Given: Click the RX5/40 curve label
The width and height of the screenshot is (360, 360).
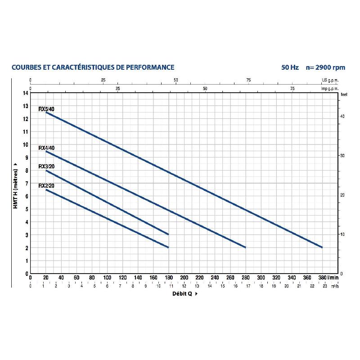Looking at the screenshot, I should [x=46, y=109].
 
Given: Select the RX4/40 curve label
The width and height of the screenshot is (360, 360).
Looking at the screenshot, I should [x=46, y=148].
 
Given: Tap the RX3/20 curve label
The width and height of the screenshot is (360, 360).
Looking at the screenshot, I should [x=46, y=166].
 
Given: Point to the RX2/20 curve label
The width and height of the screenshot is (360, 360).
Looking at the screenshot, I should [x=46, y=185].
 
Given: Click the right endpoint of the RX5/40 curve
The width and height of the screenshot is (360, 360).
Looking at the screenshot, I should [x=322, y=247].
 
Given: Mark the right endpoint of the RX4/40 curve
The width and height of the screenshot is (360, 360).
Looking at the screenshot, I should [x=245, y=247].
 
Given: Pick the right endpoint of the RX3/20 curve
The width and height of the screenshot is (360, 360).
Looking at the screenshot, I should [x=168, y=234].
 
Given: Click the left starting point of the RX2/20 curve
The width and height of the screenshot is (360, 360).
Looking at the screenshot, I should [x=46, y=189].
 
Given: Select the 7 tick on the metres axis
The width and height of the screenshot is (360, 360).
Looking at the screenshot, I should [x=27, y=183].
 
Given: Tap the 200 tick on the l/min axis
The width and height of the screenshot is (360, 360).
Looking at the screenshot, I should [x=184, y=278].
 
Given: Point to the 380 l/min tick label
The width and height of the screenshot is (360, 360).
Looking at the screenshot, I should [x=322, y=278].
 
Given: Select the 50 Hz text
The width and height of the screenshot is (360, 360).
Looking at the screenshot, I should [x=290, y=67].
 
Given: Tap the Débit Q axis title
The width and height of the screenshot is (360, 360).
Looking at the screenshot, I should [x=184, y=293].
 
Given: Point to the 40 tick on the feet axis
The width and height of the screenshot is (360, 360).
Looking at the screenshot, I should [x=342, y=116].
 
